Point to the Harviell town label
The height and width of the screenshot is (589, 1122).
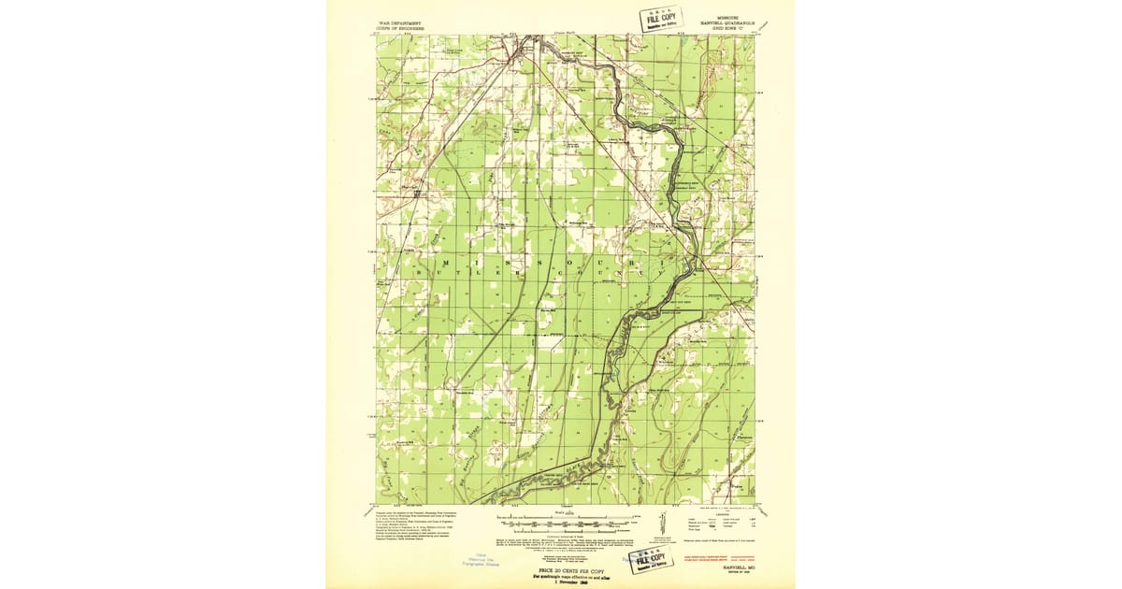410,192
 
